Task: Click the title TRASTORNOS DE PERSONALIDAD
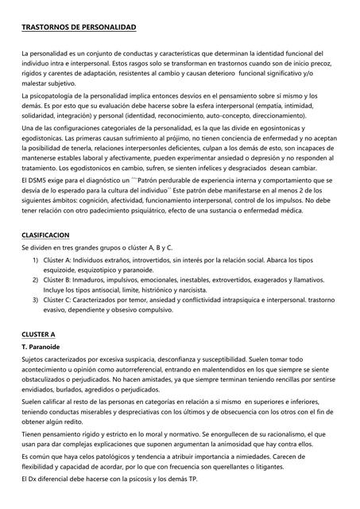(x=78, y=28)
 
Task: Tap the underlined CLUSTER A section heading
(x=39, y=334)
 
